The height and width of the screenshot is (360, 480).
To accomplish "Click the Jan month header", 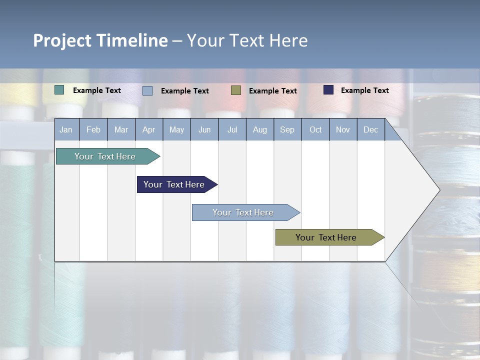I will tap(66, 130).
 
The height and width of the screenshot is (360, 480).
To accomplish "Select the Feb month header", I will tap(93, 130).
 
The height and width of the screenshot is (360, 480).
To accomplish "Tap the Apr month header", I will tap(148, 130).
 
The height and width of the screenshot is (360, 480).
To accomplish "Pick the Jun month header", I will tap(204, 130).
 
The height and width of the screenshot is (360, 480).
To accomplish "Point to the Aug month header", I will tap(260, 130).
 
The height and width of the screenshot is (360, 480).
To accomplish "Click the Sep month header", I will tap(287, 130).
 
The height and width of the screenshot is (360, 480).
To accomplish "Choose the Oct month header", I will tap(315, 130).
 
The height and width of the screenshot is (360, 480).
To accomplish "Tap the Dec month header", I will tap(371, 130).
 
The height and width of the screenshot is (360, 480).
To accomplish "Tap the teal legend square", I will tap(59, 90).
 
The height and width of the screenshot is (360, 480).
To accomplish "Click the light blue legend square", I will tap(147, 90).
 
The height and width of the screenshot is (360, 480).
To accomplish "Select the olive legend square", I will tap(236, 90).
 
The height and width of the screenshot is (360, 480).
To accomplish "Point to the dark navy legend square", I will tap(328, 90).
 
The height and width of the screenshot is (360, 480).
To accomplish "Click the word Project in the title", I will tap(62, 40).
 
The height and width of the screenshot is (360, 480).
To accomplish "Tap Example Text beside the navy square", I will tap(364, 90).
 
